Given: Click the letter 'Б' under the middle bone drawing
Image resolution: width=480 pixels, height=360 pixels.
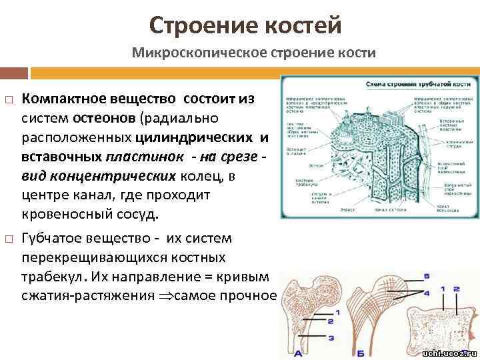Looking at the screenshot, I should click(x=379, y=353).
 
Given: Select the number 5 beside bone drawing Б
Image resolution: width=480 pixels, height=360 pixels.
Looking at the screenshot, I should click(x=427, y=277).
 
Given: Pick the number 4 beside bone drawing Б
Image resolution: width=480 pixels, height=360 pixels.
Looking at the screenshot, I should click(x=427, y=291).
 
